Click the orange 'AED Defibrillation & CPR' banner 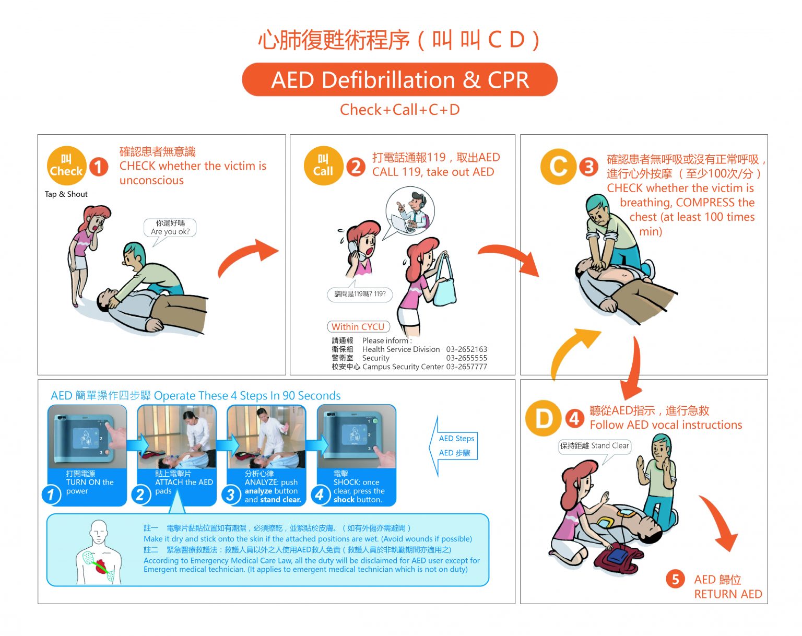pyautogui.click(x=399, y=79)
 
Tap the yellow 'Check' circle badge pyautogui.click(x=66, y=166)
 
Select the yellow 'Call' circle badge pyautogui.click(x=323, y=166)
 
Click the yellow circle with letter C pyautogui.click(x=558, y=166)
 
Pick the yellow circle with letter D pyautogui.click(x=544, y=418)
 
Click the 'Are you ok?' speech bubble pyautogui.click(x=170, y=228)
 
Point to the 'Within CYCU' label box pyautogui.click(x=358, y=326)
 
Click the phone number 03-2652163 pyautogui.click(x=467, y=349)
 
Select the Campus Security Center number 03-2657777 pyautogui.click(x=467, y=367)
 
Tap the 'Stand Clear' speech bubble pyautogui.click(x=594, y=446)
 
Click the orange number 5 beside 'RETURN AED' pyautogui.click(x=675, y=579)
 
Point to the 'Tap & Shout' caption pyautogui.click(x=66, y=194)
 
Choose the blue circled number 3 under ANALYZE pyautogui.click(x=231, y=495)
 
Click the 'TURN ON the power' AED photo pyautogui.click(x=87, y=437)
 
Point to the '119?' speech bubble pyautogui.click(x=360, y=294)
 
